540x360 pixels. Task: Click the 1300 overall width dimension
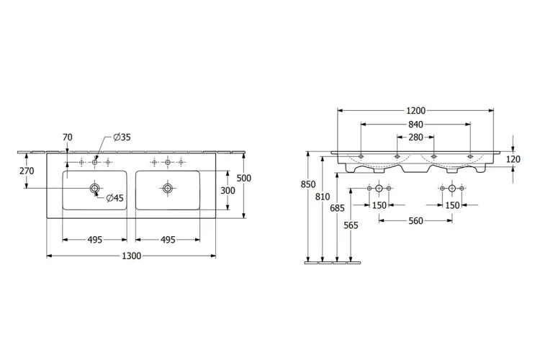132,256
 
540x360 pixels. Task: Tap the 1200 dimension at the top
415,111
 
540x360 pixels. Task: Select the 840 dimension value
415,124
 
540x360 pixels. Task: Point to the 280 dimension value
415,137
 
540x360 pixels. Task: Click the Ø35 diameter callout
122,137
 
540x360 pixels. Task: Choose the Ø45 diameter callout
114,198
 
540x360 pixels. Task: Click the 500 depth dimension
244,178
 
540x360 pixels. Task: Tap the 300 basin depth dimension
228,191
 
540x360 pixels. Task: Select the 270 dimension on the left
27,171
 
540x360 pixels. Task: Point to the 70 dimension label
68,137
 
